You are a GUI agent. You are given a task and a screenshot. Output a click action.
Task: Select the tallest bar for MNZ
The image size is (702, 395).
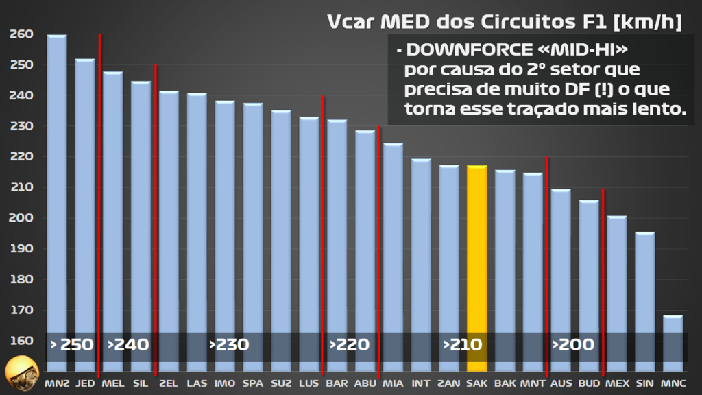57,199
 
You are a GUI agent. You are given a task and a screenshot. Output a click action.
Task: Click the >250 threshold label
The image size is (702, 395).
71,344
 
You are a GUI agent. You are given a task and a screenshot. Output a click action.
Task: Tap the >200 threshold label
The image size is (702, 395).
574,344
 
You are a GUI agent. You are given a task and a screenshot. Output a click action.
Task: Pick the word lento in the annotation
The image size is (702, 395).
662,110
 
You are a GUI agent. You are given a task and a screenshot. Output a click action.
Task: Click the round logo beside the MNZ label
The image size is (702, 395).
21,373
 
